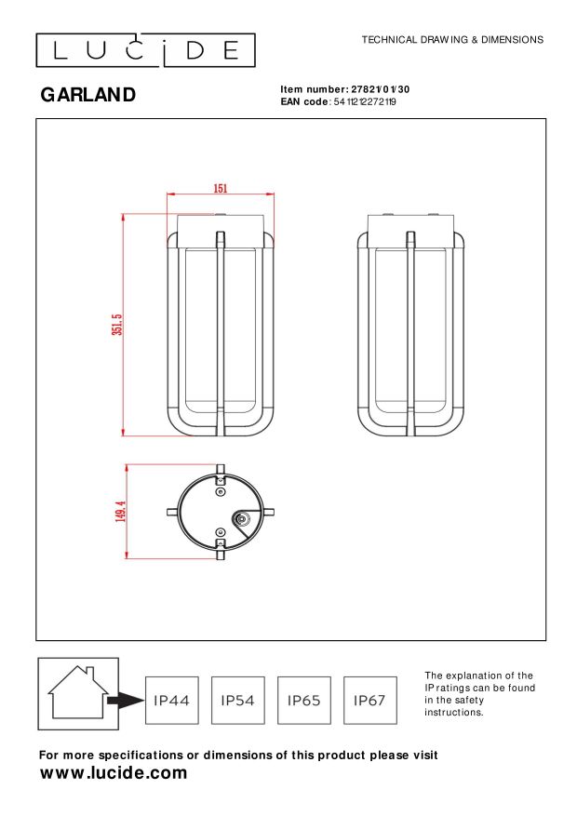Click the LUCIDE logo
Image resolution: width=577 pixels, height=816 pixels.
pos(145,50)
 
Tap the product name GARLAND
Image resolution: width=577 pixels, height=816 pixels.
pos(88,95)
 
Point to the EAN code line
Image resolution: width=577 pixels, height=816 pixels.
pos(338,101)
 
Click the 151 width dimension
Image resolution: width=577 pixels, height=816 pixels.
pos(221,189)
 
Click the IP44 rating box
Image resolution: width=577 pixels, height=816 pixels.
pos(172,700)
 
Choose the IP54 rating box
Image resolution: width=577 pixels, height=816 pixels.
pos(238,700)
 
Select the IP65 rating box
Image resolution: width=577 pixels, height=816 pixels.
pos(304,700)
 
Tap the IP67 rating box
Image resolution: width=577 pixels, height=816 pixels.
pos(370,700)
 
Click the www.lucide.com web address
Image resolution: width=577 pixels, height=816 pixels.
pos(114,773)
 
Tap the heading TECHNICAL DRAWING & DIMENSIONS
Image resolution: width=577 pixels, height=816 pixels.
pos(451,40)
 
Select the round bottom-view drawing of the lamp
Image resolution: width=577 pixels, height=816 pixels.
pos(221,512)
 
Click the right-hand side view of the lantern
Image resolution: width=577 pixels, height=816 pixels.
pos(410,326)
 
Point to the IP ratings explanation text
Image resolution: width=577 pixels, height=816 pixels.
pos(479,693)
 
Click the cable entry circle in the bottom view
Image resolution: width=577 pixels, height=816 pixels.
pos(242,521)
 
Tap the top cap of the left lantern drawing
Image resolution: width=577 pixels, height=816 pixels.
pos(221,223)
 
